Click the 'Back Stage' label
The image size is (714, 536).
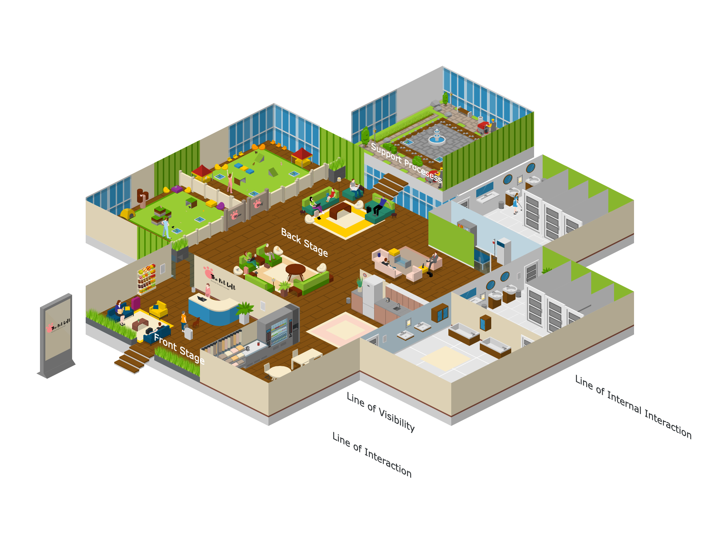click(x=304, y=242)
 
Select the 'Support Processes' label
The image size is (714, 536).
click(x=406, y=162)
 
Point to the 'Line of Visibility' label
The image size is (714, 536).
click(x=381, y=412)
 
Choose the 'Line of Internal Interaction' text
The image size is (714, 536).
click(x=633, y=407)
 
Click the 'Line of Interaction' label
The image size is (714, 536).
click(x=372, y=455)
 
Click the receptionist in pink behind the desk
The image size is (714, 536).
click(x=208, y=290)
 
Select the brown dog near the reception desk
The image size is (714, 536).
click(x=196, y=323)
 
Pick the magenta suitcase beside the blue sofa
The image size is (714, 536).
click(x=136, y=303)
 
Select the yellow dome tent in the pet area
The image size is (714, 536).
click(x=127, y=214)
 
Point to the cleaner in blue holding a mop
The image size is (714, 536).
click(x=516, y=204)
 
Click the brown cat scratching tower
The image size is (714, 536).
click(x=142, y=198)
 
